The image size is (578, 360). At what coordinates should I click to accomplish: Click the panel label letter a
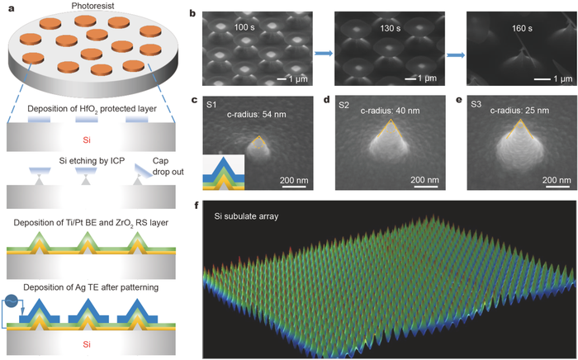click(12, 8)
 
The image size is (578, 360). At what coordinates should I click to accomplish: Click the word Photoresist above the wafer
click(93, 6)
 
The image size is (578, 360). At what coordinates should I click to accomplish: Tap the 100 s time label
click(244, 27)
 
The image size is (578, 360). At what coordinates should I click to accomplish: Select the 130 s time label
click(391, 28)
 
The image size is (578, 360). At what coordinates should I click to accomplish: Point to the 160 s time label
click(522, 28)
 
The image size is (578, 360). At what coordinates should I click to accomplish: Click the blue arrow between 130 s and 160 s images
click(456, 54)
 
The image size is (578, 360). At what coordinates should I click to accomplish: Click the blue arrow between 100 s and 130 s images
click(324, 54)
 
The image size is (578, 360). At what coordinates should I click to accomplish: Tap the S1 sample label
click(211, 105)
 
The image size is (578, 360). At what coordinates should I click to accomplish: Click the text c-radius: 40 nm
click(390, 110)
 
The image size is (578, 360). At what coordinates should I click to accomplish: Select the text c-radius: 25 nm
click(519, 110)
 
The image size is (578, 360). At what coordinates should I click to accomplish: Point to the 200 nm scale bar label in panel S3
click(557, 180)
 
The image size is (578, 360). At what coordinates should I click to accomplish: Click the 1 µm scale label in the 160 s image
click(563, 78)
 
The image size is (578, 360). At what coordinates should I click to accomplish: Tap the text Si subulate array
click(246, 216)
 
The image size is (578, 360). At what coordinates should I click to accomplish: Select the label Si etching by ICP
click(92, 161)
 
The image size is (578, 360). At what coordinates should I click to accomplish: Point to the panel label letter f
click(197, 206)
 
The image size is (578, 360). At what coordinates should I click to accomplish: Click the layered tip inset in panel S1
click(224, 172)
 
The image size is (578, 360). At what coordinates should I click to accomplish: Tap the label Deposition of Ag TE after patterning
click(91, 287)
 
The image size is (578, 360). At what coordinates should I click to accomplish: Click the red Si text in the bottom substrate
click(87, 344)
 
